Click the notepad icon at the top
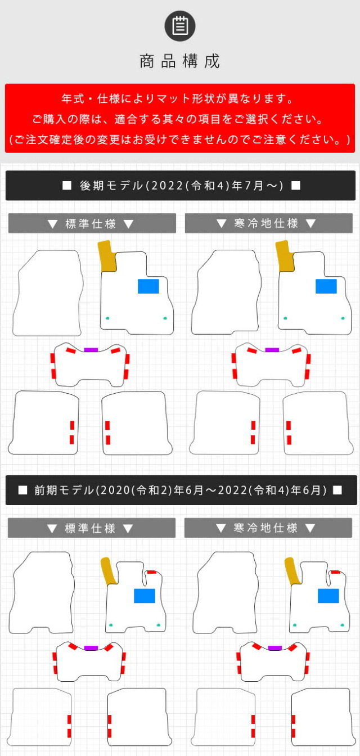(x=180, y=26)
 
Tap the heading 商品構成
(x=180, y=61)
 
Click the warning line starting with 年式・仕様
(x=178, y=98)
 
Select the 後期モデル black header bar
(x=181, y=185)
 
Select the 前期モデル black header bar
(x=181, y=490)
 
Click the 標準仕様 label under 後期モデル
(x=91, y=223)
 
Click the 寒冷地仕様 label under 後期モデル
(x=266, y=223)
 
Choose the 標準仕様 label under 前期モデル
(x=90, y=528)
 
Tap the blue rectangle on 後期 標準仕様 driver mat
(x=148, y=286)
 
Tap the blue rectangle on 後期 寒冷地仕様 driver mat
(x=326, y=286)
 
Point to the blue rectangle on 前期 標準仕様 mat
(x=145, y=596)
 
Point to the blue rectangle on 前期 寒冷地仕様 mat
(x=328, y=596)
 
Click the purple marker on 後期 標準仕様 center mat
(x=91, y=350)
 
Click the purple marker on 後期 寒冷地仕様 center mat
(x=272, y=350)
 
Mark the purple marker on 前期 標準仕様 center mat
(x=91, y=648)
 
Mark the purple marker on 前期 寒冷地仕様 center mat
(x=274, y=648)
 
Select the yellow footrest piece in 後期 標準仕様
(x=107, y=256)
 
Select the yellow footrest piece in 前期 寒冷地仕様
(x=292, y=571)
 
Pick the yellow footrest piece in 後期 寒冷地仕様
(x=285, y=256)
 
